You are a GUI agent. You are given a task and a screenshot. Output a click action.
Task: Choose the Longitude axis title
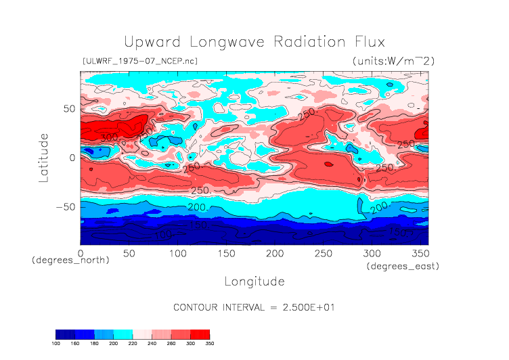254,281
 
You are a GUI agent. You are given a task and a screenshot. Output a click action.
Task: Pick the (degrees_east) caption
403,267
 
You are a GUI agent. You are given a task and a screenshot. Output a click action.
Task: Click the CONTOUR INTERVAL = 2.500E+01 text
254,307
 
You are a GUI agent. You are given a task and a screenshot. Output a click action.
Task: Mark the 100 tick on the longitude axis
177,253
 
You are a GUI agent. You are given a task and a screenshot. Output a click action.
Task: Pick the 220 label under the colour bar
133,344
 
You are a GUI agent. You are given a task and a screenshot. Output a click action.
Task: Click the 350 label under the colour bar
209,344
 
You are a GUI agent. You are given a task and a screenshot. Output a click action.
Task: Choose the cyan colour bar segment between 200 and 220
123,334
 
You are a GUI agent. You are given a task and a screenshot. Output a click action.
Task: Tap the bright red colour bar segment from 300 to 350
200,334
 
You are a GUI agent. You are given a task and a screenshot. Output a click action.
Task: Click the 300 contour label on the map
108,137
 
